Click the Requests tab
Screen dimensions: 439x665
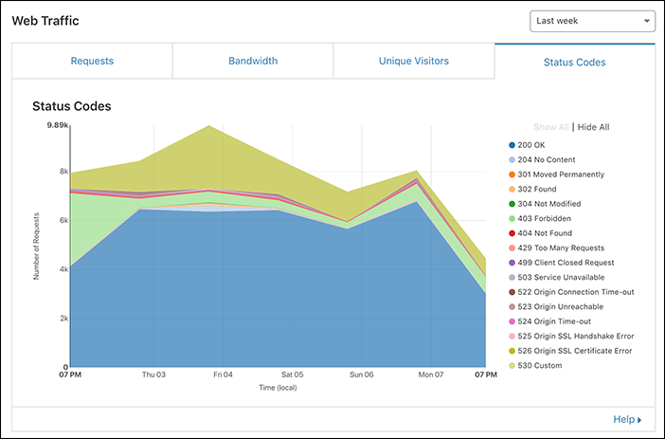(x=92, y=61)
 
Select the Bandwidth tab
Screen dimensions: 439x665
(x=253, y=61)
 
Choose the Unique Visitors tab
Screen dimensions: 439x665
(x=414, y=61)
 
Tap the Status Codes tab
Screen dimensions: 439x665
(x=574, y=63)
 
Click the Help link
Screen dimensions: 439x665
(x=626, y=419)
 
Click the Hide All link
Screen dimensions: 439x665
(x=593, y=127)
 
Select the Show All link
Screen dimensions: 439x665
(x=550, y=127)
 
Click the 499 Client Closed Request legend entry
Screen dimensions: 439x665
(x=566, y=263)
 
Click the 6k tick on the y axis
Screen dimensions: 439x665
(x=63, y=220)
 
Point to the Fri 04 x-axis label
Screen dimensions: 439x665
(x=223, y=375)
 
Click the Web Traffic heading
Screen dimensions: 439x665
(x=46, y=20)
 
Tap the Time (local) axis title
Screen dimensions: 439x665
(x=278, y=387)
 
